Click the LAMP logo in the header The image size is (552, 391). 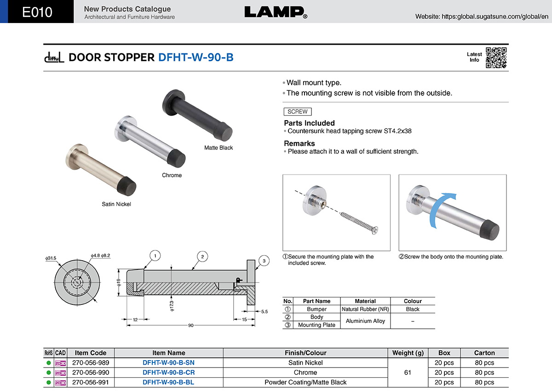pos(276,12)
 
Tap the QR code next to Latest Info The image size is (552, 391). pos(496,58)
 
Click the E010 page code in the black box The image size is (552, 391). pos(37,12)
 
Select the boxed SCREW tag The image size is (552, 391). pos(298,111)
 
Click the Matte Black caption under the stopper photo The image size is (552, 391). pos(218,147)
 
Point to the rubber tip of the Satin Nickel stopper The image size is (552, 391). pos(126,186)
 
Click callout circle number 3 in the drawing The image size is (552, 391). pos(264,261)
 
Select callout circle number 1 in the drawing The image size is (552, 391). pos(155,256)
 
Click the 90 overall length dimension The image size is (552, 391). pos(191,326)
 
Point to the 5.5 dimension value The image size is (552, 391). pos(264,312)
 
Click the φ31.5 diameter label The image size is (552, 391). pos(51,258)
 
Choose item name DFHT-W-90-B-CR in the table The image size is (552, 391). pos(168,372)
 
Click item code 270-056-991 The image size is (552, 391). pos(91,382)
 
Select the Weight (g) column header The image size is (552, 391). pos(408,353)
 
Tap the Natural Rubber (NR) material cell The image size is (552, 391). pos(365,309)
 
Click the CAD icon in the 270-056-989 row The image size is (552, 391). pos(60,363)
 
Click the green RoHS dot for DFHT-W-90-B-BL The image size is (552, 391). pos(49,382)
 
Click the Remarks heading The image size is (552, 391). pos(299,143)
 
